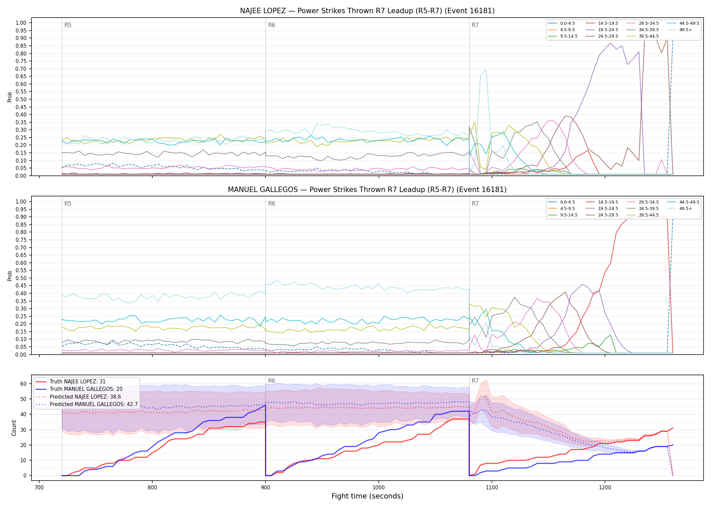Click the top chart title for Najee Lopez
click(367, 11)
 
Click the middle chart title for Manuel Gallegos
click(367, 190)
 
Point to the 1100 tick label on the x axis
click(492, 488)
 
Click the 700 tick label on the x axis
click(39, 488)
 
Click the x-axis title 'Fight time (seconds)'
click(367, 496)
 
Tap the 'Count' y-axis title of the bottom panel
click(14, 428)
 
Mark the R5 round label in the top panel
click(68, 25)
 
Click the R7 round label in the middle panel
click(475, 204)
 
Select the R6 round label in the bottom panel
click(272, 381)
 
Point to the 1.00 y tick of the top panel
click(21, 23)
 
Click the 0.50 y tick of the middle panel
click(21, 278)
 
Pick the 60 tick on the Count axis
click(23, 384)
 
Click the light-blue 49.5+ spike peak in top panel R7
click(486, 70)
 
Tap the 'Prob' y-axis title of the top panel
click(10, 97)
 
